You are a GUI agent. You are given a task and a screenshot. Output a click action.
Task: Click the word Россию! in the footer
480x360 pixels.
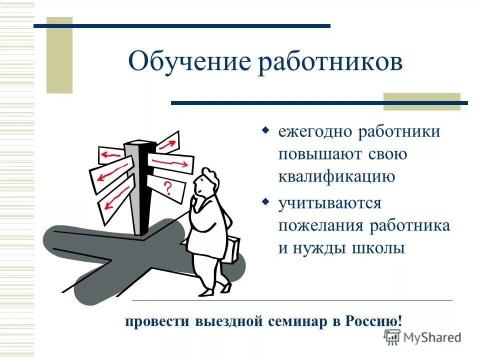(373, 320)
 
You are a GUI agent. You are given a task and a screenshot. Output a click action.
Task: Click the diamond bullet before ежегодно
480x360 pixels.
(266, 131)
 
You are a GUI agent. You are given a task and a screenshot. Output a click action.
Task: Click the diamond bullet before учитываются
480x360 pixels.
(266, 202)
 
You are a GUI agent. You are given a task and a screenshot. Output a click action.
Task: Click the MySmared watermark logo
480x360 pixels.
(423, 337)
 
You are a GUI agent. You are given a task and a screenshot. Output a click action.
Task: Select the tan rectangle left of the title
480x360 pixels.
(59, 55)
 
